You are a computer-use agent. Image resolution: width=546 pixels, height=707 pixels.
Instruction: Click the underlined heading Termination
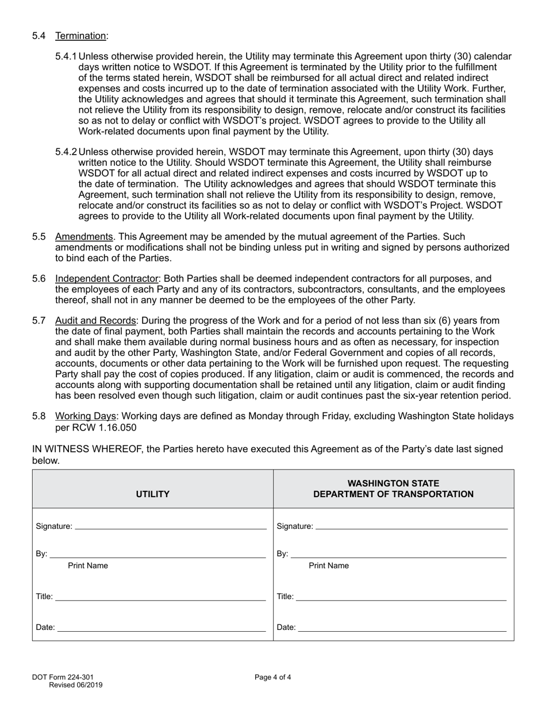pos(80,36)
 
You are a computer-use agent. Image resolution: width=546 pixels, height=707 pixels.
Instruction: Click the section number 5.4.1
pos(66,56)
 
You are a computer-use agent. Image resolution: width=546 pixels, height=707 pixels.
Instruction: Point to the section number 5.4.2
pos(66,152)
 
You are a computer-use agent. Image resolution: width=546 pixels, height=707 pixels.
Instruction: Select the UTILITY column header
pos(152,494)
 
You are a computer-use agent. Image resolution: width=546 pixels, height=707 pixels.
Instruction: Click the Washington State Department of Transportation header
pos(394,489)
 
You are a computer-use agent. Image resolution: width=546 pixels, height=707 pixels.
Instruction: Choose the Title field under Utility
pos(160,597)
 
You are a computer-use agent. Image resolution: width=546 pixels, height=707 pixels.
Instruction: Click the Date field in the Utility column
pos(162,628)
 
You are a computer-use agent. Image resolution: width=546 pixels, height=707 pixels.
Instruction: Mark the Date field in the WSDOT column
pos(402,628)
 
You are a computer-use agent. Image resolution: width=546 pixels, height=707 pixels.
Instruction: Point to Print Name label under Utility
pos(88,566)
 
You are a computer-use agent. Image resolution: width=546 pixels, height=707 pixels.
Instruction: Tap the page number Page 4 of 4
pos(273,677)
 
